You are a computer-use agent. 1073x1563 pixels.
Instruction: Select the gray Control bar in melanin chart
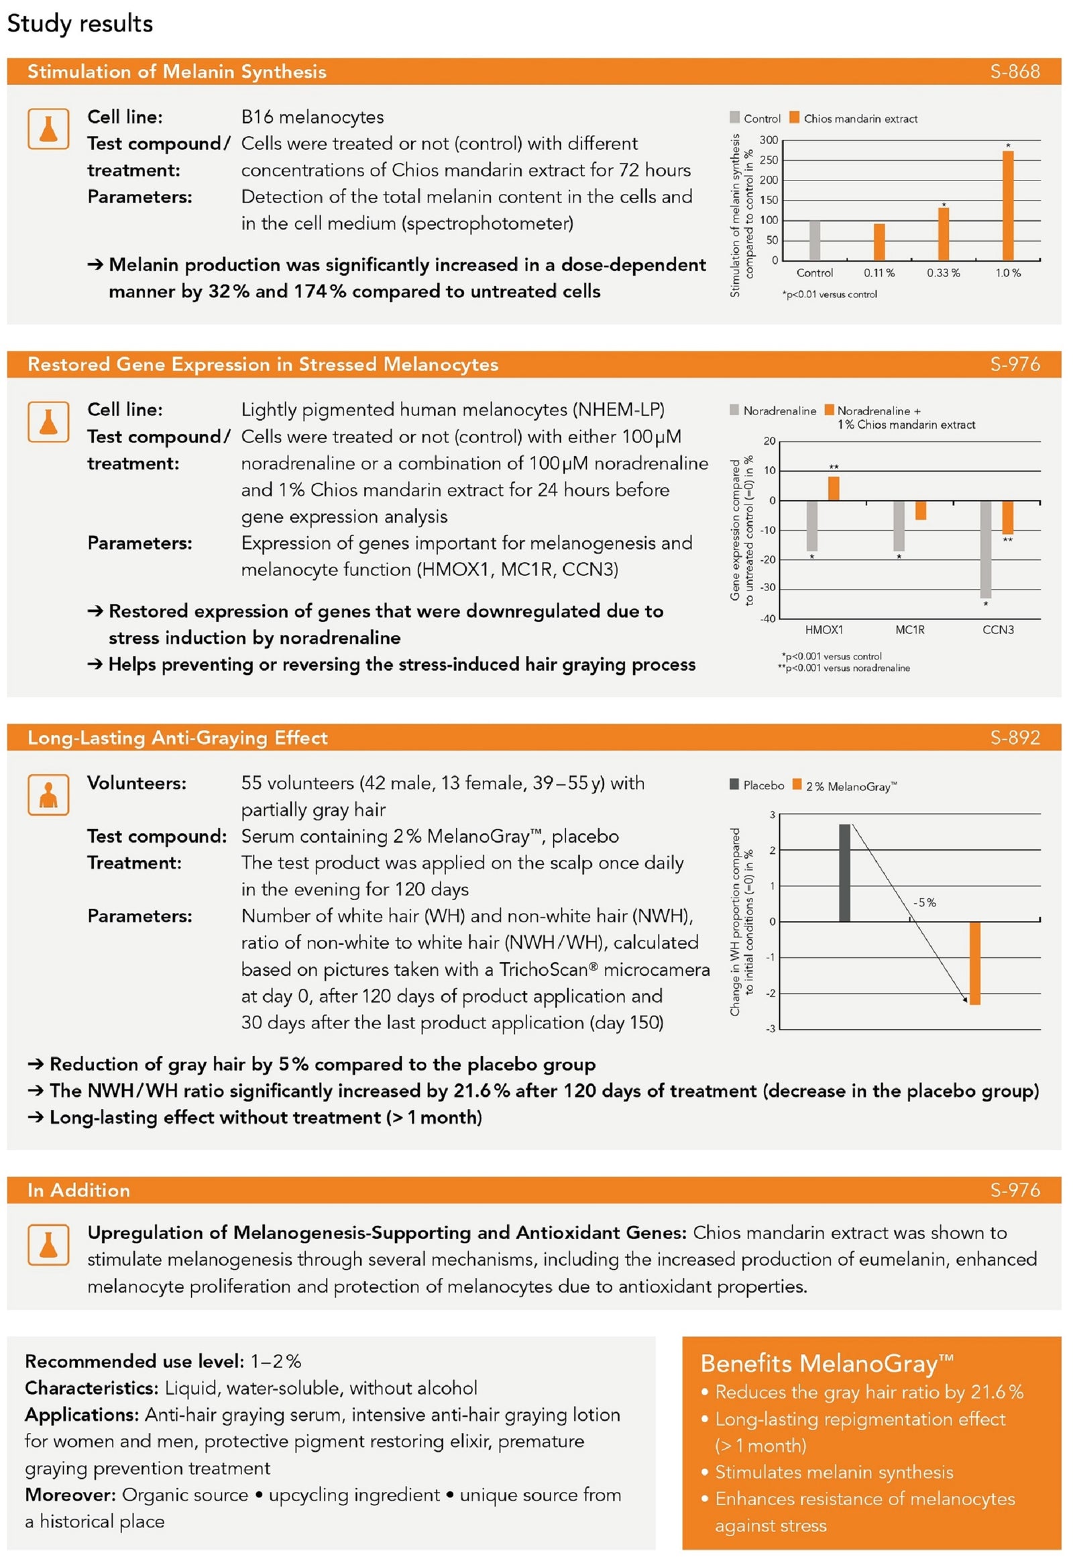814,240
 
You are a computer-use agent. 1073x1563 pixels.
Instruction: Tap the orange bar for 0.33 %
944,233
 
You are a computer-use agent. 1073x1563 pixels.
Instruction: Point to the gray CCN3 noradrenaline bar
985,549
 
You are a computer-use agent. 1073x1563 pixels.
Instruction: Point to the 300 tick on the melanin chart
769,140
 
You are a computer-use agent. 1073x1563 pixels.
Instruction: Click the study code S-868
1015,71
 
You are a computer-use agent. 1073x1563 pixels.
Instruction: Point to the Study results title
80,23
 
